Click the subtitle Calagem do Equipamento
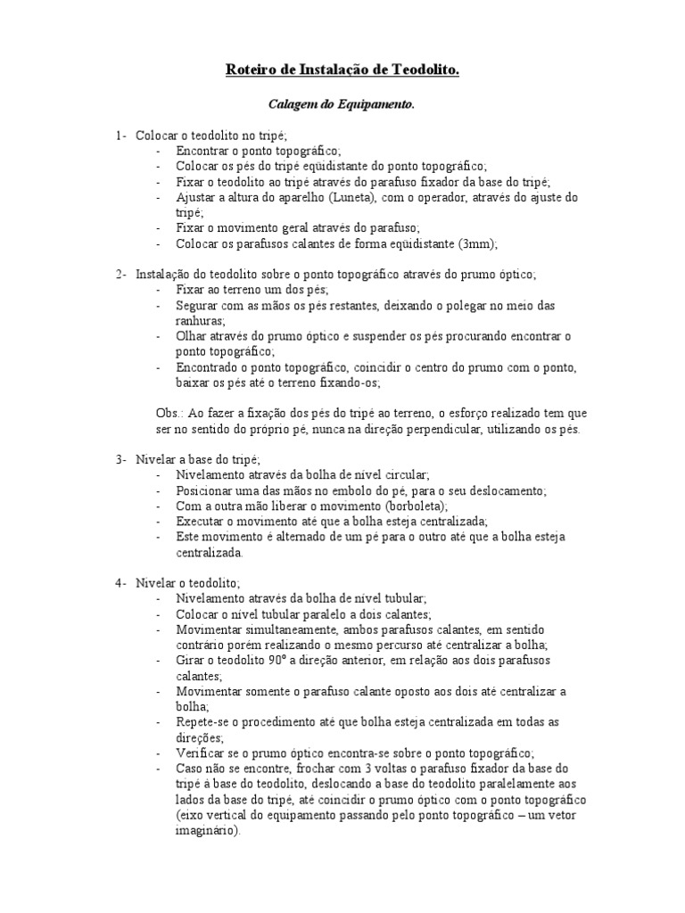(342, 104)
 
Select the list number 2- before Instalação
(120, 275)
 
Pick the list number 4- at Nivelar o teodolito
(120, 583)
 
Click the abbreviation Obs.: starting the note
(169, 414)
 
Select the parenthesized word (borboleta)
(408, 506)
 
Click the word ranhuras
(201, 321)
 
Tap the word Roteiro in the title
(251, 69)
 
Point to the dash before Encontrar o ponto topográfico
(159, 151)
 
